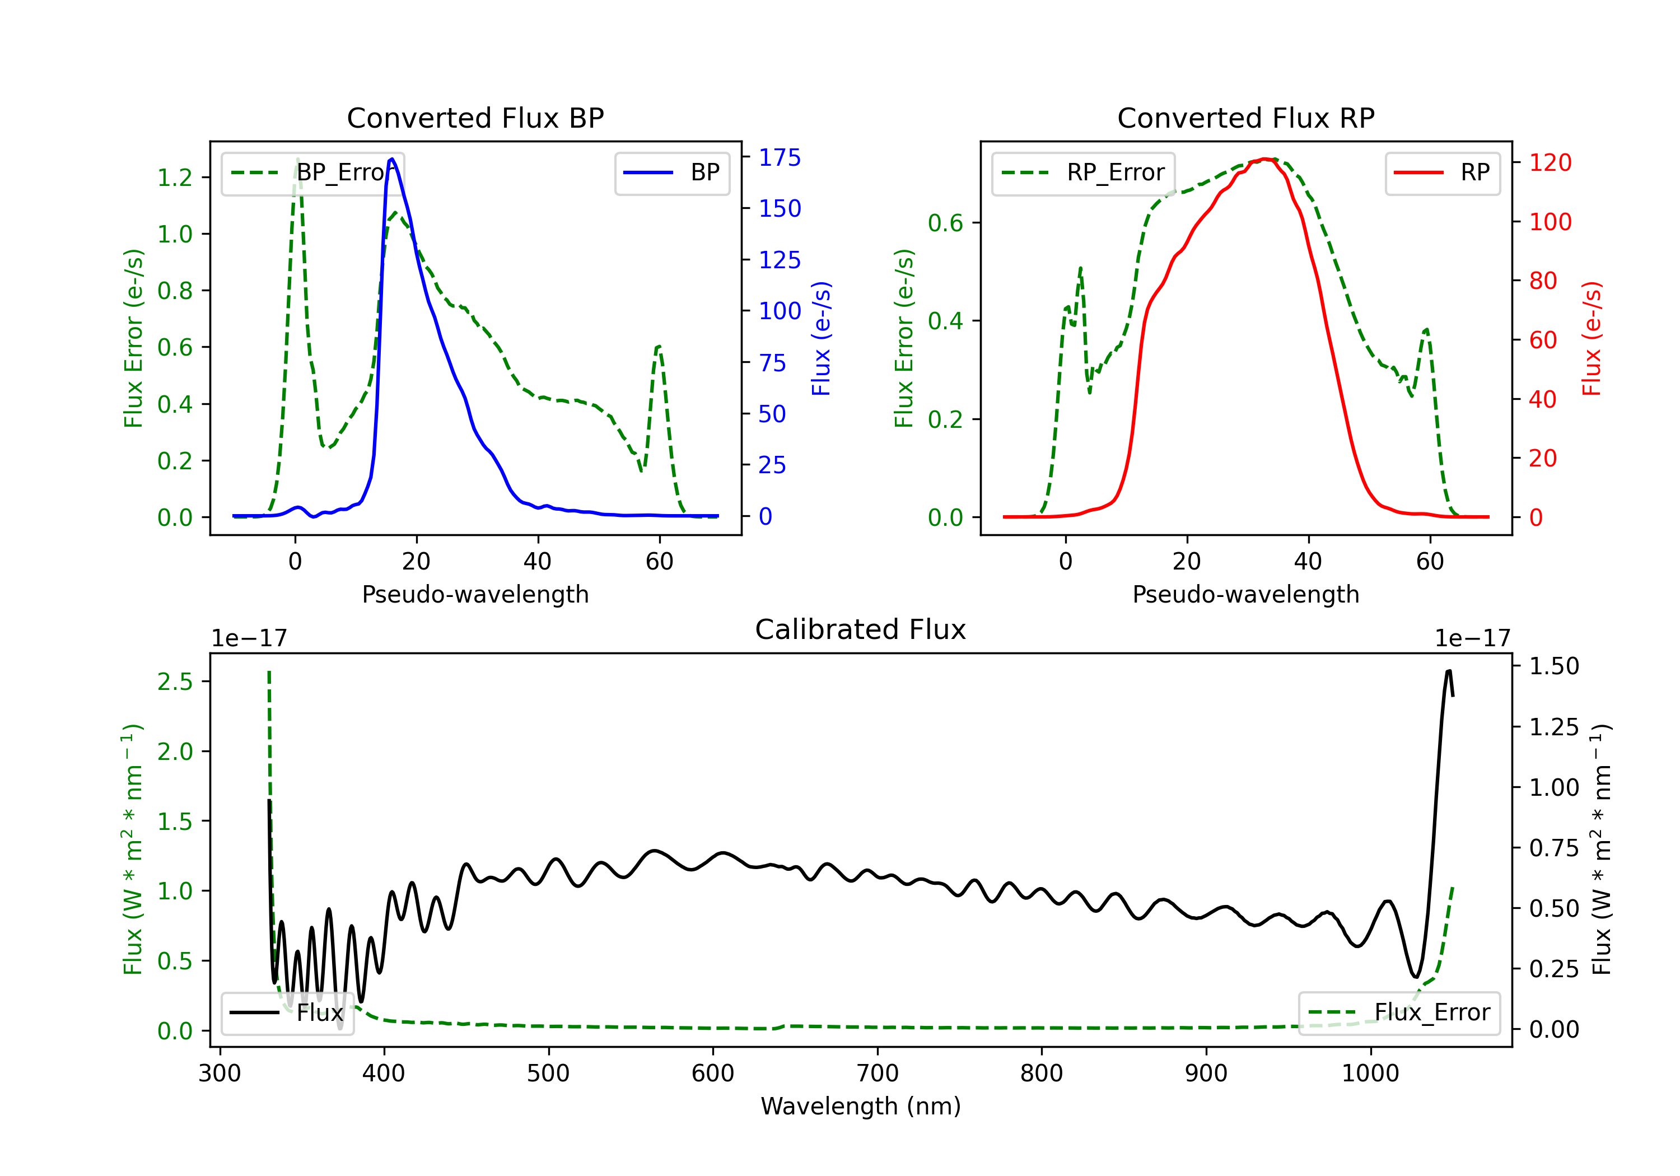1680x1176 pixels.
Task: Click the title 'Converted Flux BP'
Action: tap(475, 118)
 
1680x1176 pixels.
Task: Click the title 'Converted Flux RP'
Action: tap(1245, 118)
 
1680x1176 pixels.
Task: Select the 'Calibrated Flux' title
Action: tap(861, 629)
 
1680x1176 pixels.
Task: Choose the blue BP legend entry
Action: tap(671, 172)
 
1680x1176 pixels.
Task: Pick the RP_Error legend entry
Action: tap(1083, 172)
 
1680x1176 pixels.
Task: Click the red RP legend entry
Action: tap(1442, 172)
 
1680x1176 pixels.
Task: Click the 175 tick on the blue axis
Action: tap(780, 157)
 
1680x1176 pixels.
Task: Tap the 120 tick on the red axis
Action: tap(1550, 162)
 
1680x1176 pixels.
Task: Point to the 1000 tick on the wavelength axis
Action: tap(1370, 1074)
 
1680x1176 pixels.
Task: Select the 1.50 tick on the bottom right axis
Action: tap(1554, 666)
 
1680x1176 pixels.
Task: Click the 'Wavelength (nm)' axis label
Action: tap(861, 1107)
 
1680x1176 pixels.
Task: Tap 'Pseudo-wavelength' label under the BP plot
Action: tap(475, 594)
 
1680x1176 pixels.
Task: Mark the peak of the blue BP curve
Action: tap(392, 159)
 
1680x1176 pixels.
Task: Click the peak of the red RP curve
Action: tap(1265, 159)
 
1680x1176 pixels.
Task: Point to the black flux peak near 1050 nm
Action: tap(1449, 670)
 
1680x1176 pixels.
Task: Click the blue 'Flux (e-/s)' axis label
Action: tap(821, 338)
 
